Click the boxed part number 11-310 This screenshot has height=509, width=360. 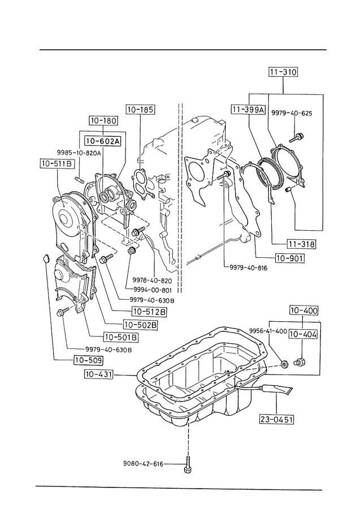pyautogui.click(x=283, y=72)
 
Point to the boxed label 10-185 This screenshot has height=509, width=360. pyautogui.click(x=140, y=109)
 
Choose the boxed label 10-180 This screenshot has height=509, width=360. pyautogui.click(x=102, y=120)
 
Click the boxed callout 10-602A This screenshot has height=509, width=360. pyautogui.click(x=102, y=141)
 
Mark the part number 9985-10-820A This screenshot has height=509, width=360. pyautogui.click(x=79, y=153)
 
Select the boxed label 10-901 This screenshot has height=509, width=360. pyautogui.click(x=289, y=260)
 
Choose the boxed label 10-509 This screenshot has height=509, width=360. pyautogui.click(x=88, y=359)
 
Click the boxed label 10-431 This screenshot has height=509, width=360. pyautogui.click(x=99, y=374)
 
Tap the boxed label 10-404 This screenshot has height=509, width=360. pyautogui.click(x=303, y=334)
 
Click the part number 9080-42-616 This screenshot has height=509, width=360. pyautogui.click(x=143, y=464)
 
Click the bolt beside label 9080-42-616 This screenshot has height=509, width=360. pyautogui.click(x=187, y=465)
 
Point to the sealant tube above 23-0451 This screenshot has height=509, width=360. pyautogui.click(x=276, y=390)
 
